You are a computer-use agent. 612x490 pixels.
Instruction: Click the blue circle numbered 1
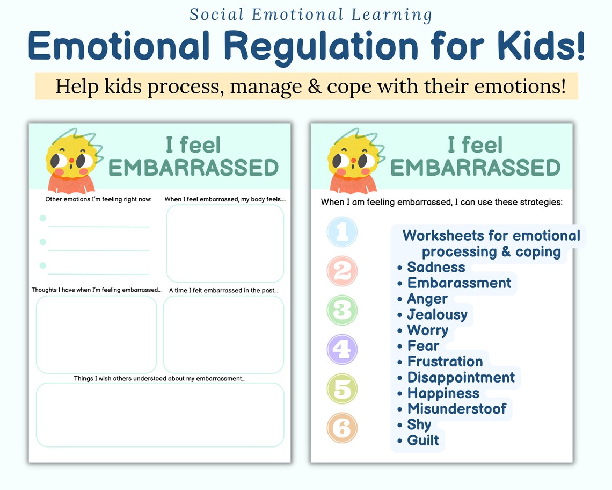click(x=342, y=232)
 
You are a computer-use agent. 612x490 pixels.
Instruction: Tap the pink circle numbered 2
click(x=342, y=271)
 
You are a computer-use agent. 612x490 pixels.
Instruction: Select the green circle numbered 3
click(x=342, y=310)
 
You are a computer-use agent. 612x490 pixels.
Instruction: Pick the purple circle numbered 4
click(x=342, y=349)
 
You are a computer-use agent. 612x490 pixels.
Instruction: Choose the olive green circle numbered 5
click(x=342, y=388)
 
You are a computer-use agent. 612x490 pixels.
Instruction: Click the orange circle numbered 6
click(x=342, y=428)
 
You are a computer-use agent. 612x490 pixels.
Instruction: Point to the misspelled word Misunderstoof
click(x=456, y=409)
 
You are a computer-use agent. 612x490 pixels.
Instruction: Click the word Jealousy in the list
click(x=437, y=315)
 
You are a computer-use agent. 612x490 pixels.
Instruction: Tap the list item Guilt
click(x=423, y=441)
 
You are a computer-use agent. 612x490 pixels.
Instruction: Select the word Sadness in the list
click(x=436, y=268)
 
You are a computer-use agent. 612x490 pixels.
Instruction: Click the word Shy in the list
click(x=419, y=424)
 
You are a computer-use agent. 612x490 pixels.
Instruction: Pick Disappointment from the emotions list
click(x=461, y=378)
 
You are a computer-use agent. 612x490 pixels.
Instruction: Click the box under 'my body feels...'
click(x=225, y=243)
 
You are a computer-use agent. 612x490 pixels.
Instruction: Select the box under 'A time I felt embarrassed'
click(x=223, y=334)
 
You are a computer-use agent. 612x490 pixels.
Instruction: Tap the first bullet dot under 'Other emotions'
click(x=43, y=218)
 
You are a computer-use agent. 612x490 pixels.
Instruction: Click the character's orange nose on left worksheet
click(x=70, y=161)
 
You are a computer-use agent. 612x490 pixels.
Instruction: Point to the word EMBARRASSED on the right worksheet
click(x=475, y=168)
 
